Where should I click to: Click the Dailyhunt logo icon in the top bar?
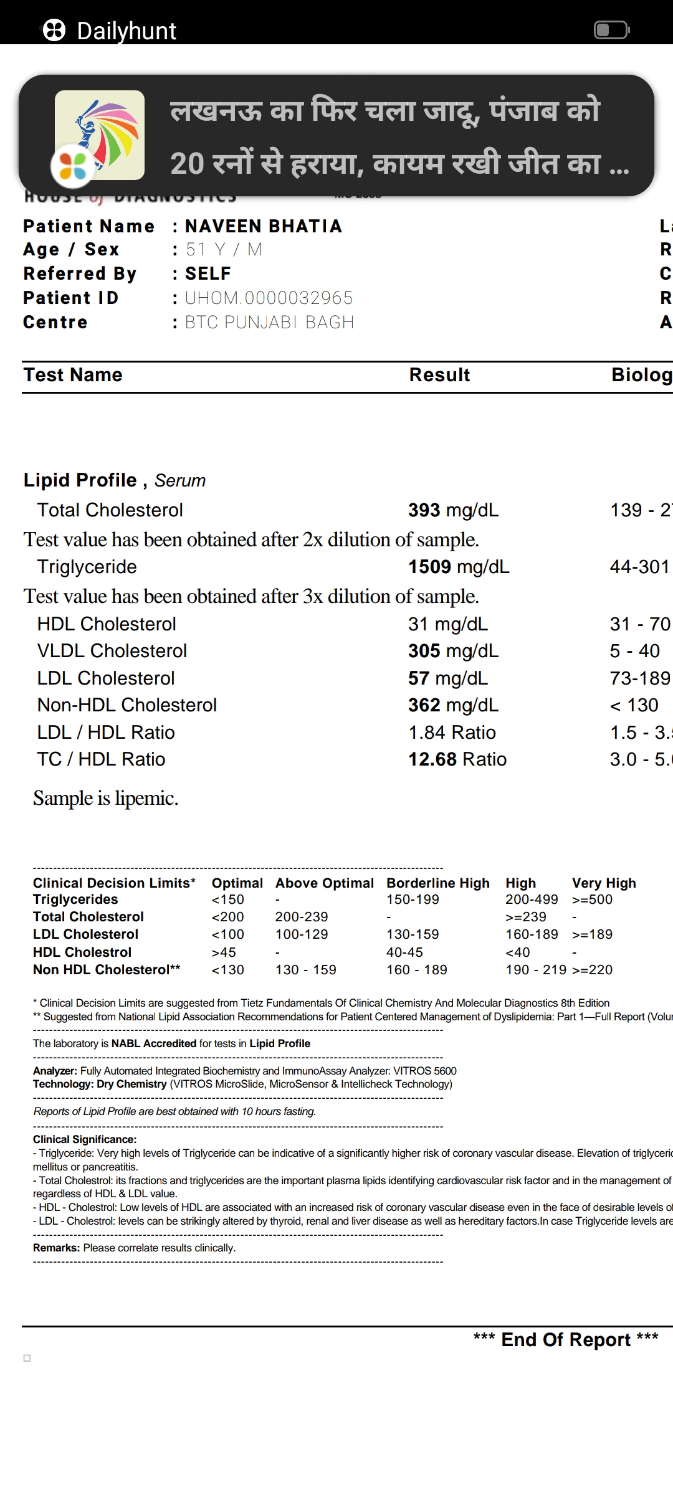54,30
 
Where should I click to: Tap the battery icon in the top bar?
611,30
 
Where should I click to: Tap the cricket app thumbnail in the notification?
100,135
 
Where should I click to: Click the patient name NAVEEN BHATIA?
264,226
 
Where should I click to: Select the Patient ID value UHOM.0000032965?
269,298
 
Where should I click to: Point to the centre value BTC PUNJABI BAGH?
269,323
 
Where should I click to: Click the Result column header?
439,375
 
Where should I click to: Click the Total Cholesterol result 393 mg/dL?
453,510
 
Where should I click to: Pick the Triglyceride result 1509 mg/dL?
458,567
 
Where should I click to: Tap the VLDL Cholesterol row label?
112,651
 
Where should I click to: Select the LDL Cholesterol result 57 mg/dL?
448,678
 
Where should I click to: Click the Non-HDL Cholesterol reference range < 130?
634,705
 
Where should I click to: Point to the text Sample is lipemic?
106,799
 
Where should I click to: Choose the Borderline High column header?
437,883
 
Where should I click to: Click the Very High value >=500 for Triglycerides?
592,899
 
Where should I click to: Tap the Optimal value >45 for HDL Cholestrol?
224,952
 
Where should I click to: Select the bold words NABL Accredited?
153,1043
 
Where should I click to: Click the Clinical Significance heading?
85,1139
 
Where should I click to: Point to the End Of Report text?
565,1340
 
